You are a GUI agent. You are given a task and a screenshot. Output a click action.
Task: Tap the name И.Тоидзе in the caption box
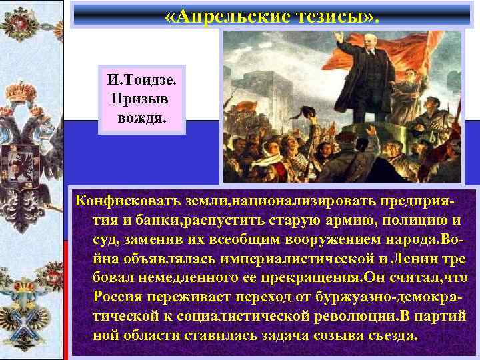[x=141, y=81]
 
